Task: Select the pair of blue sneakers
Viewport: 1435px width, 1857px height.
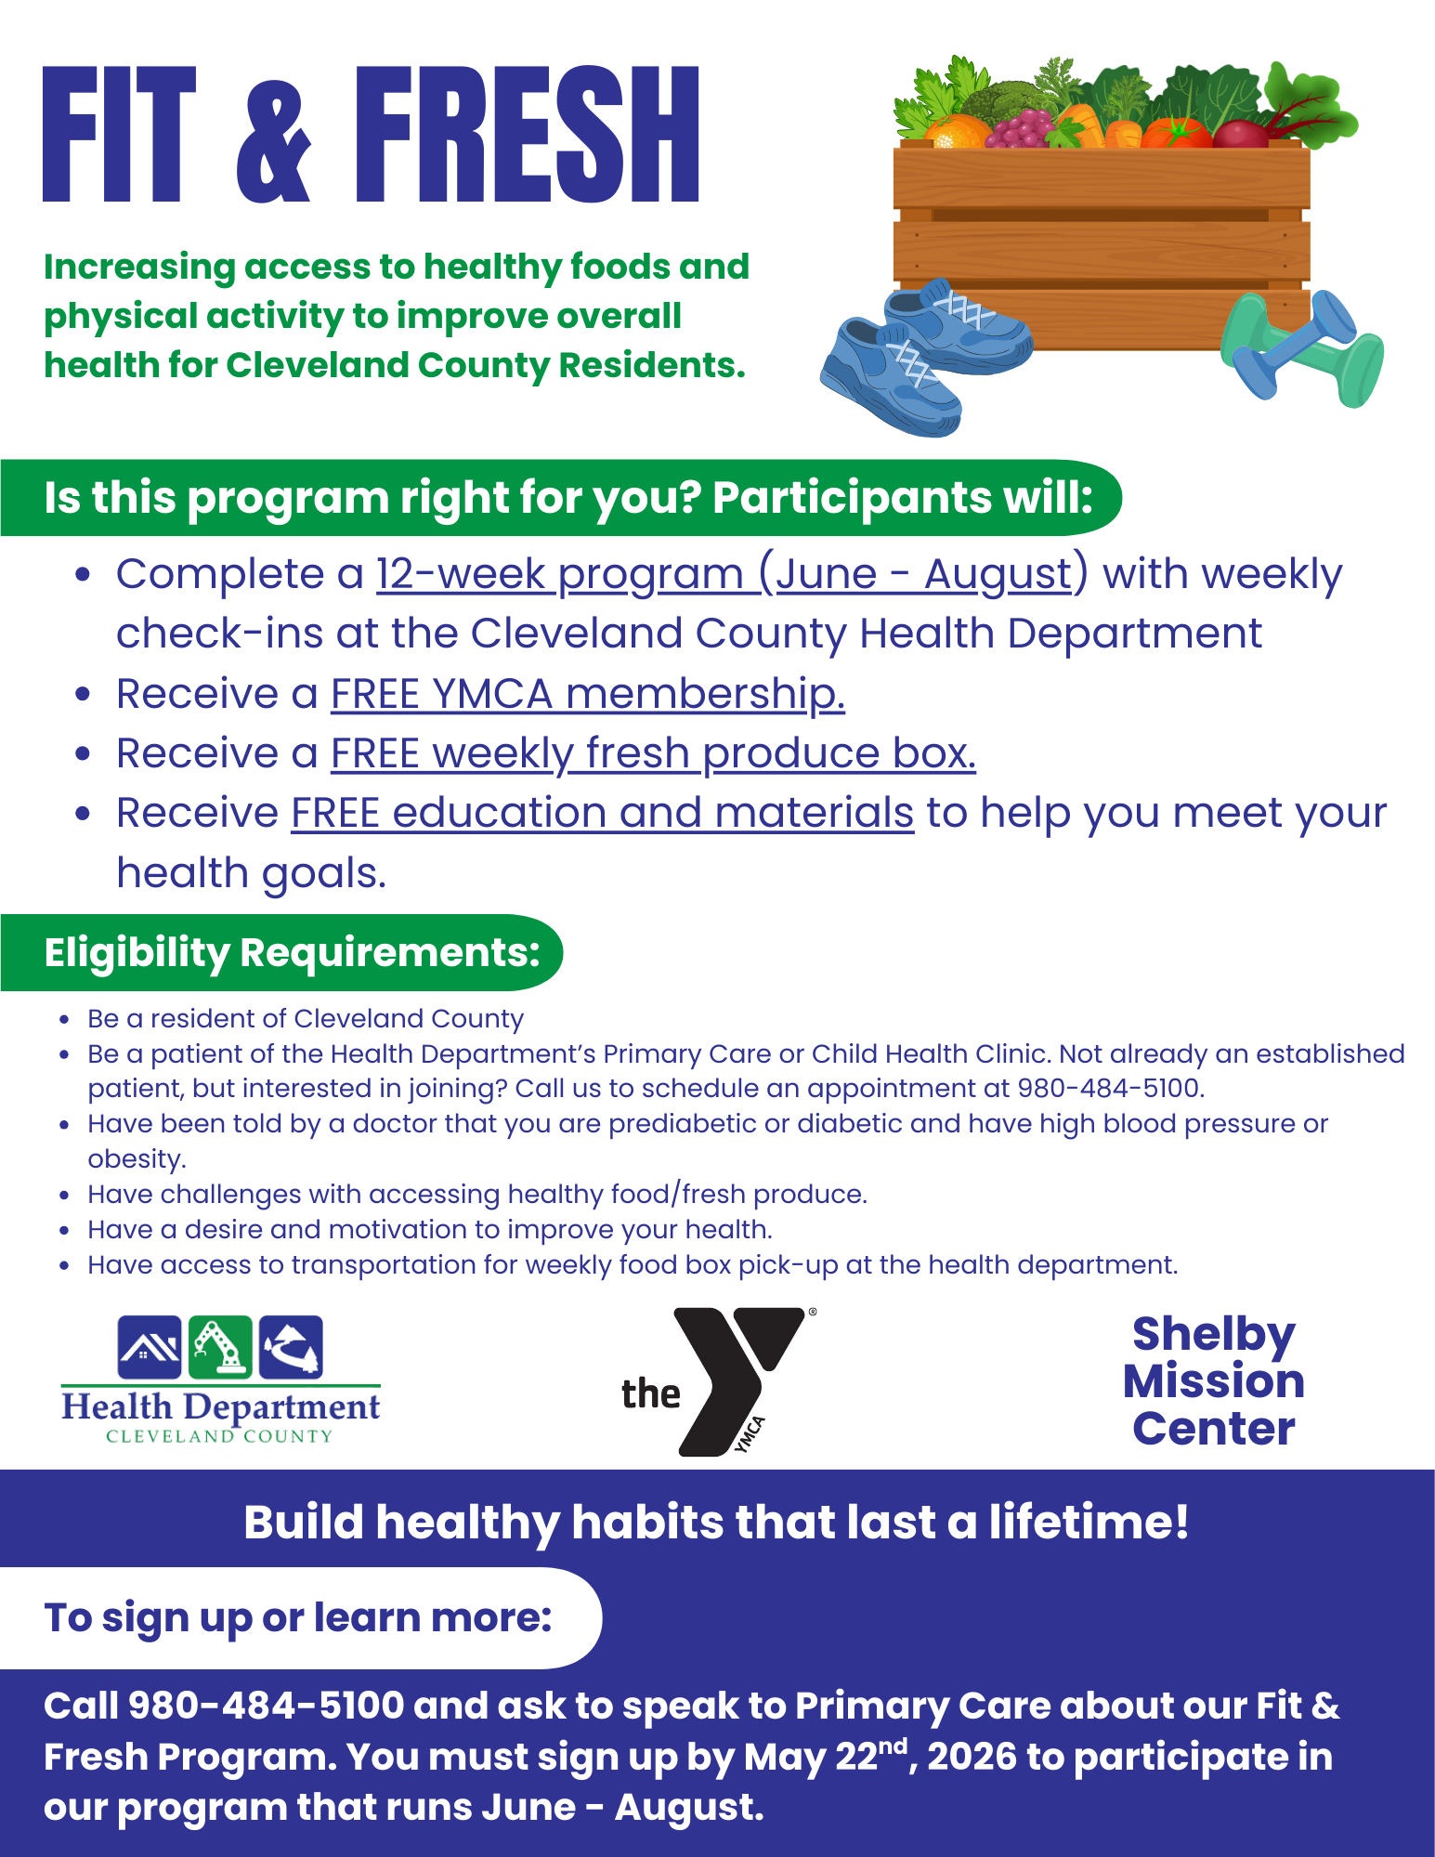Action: tap(920, 358)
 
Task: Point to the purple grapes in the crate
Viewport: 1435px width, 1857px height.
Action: tap(1019, 129)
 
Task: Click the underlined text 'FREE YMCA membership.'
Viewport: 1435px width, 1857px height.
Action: tap(587, 694)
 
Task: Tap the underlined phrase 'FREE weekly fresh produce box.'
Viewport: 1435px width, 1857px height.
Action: tap(653, 753)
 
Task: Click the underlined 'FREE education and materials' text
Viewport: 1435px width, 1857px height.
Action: tap(602, 813)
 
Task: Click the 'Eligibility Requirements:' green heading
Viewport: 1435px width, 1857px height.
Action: tap(292, 953)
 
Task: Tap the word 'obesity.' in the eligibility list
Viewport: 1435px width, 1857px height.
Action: tap(137, 1159)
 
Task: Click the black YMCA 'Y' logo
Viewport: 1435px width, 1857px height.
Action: tap(734, 1379)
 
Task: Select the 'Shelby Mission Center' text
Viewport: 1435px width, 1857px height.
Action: tap(1213, 1381)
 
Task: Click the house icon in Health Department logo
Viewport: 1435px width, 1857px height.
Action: tap(150, 1347)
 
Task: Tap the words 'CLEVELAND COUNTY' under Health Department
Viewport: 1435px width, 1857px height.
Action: tap(219, 1436)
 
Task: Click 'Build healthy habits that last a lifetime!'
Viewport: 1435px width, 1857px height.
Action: tap(716, 1523)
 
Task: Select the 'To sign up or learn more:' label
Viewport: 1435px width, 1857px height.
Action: tap(298, 1617)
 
